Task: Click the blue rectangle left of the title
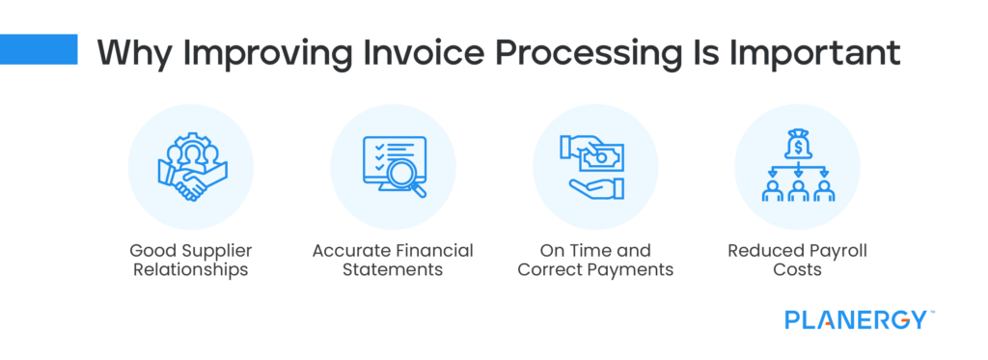39,49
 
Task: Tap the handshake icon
192,182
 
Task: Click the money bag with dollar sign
797,146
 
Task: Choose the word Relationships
190,270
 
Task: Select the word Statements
393,270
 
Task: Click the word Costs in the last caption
798,270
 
